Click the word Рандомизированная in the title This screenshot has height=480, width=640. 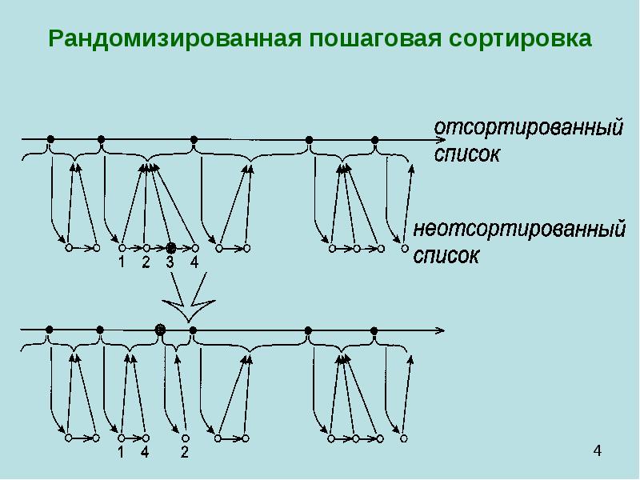175,39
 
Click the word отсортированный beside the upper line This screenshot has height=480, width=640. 528,127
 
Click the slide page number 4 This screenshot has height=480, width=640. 597,450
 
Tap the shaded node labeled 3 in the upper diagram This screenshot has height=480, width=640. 171,247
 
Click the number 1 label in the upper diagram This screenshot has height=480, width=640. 122,262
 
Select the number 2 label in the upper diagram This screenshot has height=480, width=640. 146,262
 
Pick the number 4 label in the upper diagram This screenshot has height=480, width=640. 194,262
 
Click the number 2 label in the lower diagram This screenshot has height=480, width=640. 185,452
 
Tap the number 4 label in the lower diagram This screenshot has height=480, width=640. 145,452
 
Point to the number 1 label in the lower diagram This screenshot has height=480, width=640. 121,452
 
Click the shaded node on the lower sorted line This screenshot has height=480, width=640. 160,330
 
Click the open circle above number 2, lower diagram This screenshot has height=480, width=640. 185,438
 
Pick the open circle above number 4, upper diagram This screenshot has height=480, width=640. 195,248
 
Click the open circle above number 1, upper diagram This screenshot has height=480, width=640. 122,248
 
